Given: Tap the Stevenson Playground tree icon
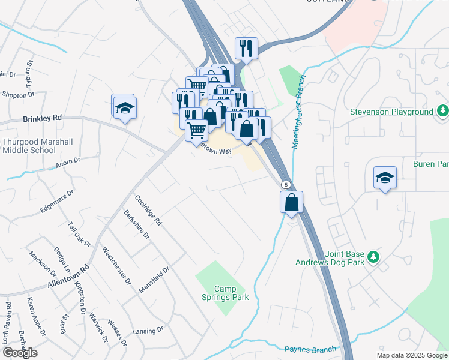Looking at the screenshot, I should point(443,111).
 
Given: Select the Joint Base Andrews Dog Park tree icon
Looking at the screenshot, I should point(373,257).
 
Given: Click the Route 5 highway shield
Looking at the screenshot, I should point(286,185).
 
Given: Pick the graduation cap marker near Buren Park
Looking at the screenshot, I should point(385,178).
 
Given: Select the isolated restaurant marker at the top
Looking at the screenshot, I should point(246,49).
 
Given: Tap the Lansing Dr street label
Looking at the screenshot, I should point(148,330).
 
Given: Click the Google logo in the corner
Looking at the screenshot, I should point(20,353).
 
